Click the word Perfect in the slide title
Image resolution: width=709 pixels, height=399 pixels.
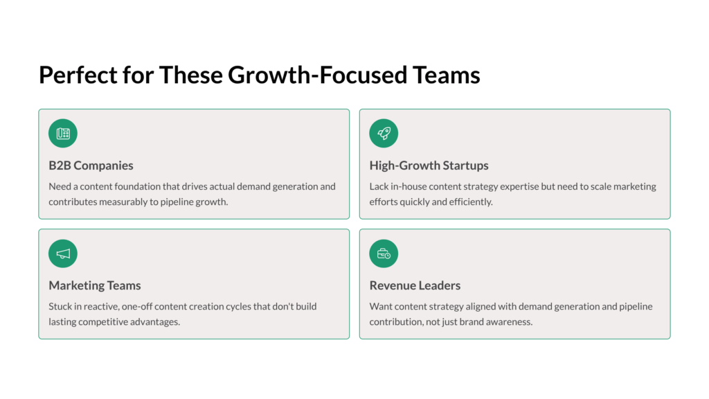78,75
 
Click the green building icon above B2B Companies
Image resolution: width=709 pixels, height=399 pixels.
63,133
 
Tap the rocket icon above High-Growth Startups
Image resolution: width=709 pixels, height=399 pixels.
384,133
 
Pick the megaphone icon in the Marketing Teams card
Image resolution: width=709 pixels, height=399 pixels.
63,254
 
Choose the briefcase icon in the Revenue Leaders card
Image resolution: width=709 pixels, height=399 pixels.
384,254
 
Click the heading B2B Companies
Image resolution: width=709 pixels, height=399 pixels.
91,166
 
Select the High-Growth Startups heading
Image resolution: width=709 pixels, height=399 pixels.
429,166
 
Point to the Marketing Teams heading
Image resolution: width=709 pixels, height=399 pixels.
94,285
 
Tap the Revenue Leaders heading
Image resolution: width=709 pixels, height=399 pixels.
415,285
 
